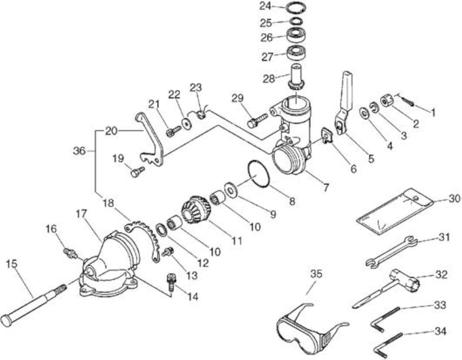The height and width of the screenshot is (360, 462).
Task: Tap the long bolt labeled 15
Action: [34, 302]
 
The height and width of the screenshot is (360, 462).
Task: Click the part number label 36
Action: [79, 151]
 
